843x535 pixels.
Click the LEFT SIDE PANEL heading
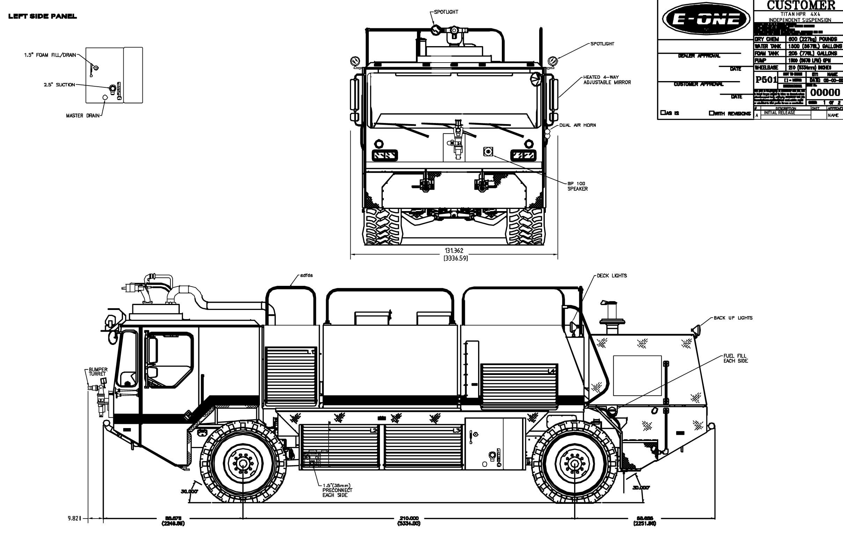[42, 16]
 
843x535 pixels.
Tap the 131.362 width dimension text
[454, 251]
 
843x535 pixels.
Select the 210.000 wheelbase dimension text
[409, 518]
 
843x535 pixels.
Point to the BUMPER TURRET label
[98, 372]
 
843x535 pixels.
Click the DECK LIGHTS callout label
[612, 276]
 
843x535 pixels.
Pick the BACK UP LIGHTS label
[733, 318]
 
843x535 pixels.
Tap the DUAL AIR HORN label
[577, 125]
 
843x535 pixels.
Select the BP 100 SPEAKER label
[577, 186]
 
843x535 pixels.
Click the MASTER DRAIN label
[83, 116]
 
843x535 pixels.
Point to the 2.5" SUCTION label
[59, 85]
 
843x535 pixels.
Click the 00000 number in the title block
[825, 93]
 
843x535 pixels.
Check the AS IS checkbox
[663, 113]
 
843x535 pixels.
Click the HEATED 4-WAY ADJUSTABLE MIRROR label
[607, 80]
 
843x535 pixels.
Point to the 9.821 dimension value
[75, 519]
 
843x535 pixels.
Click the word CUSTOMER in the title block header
[801, 5]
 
